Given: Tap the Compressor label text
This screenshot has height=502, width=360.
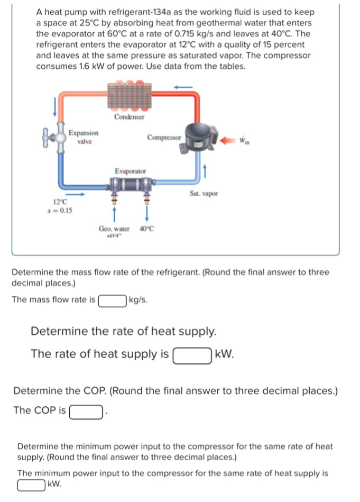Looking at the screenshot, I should (x=164, y=138).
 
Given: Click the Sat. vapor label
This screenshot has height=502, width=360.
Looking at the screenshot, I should (x=204, y=194).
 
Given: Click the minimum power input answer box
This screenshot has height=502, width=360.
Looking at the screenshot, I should (x=31, y=485).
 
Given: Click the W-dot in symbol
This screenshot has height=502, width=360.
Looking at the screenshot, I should (x=244, y=140).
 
